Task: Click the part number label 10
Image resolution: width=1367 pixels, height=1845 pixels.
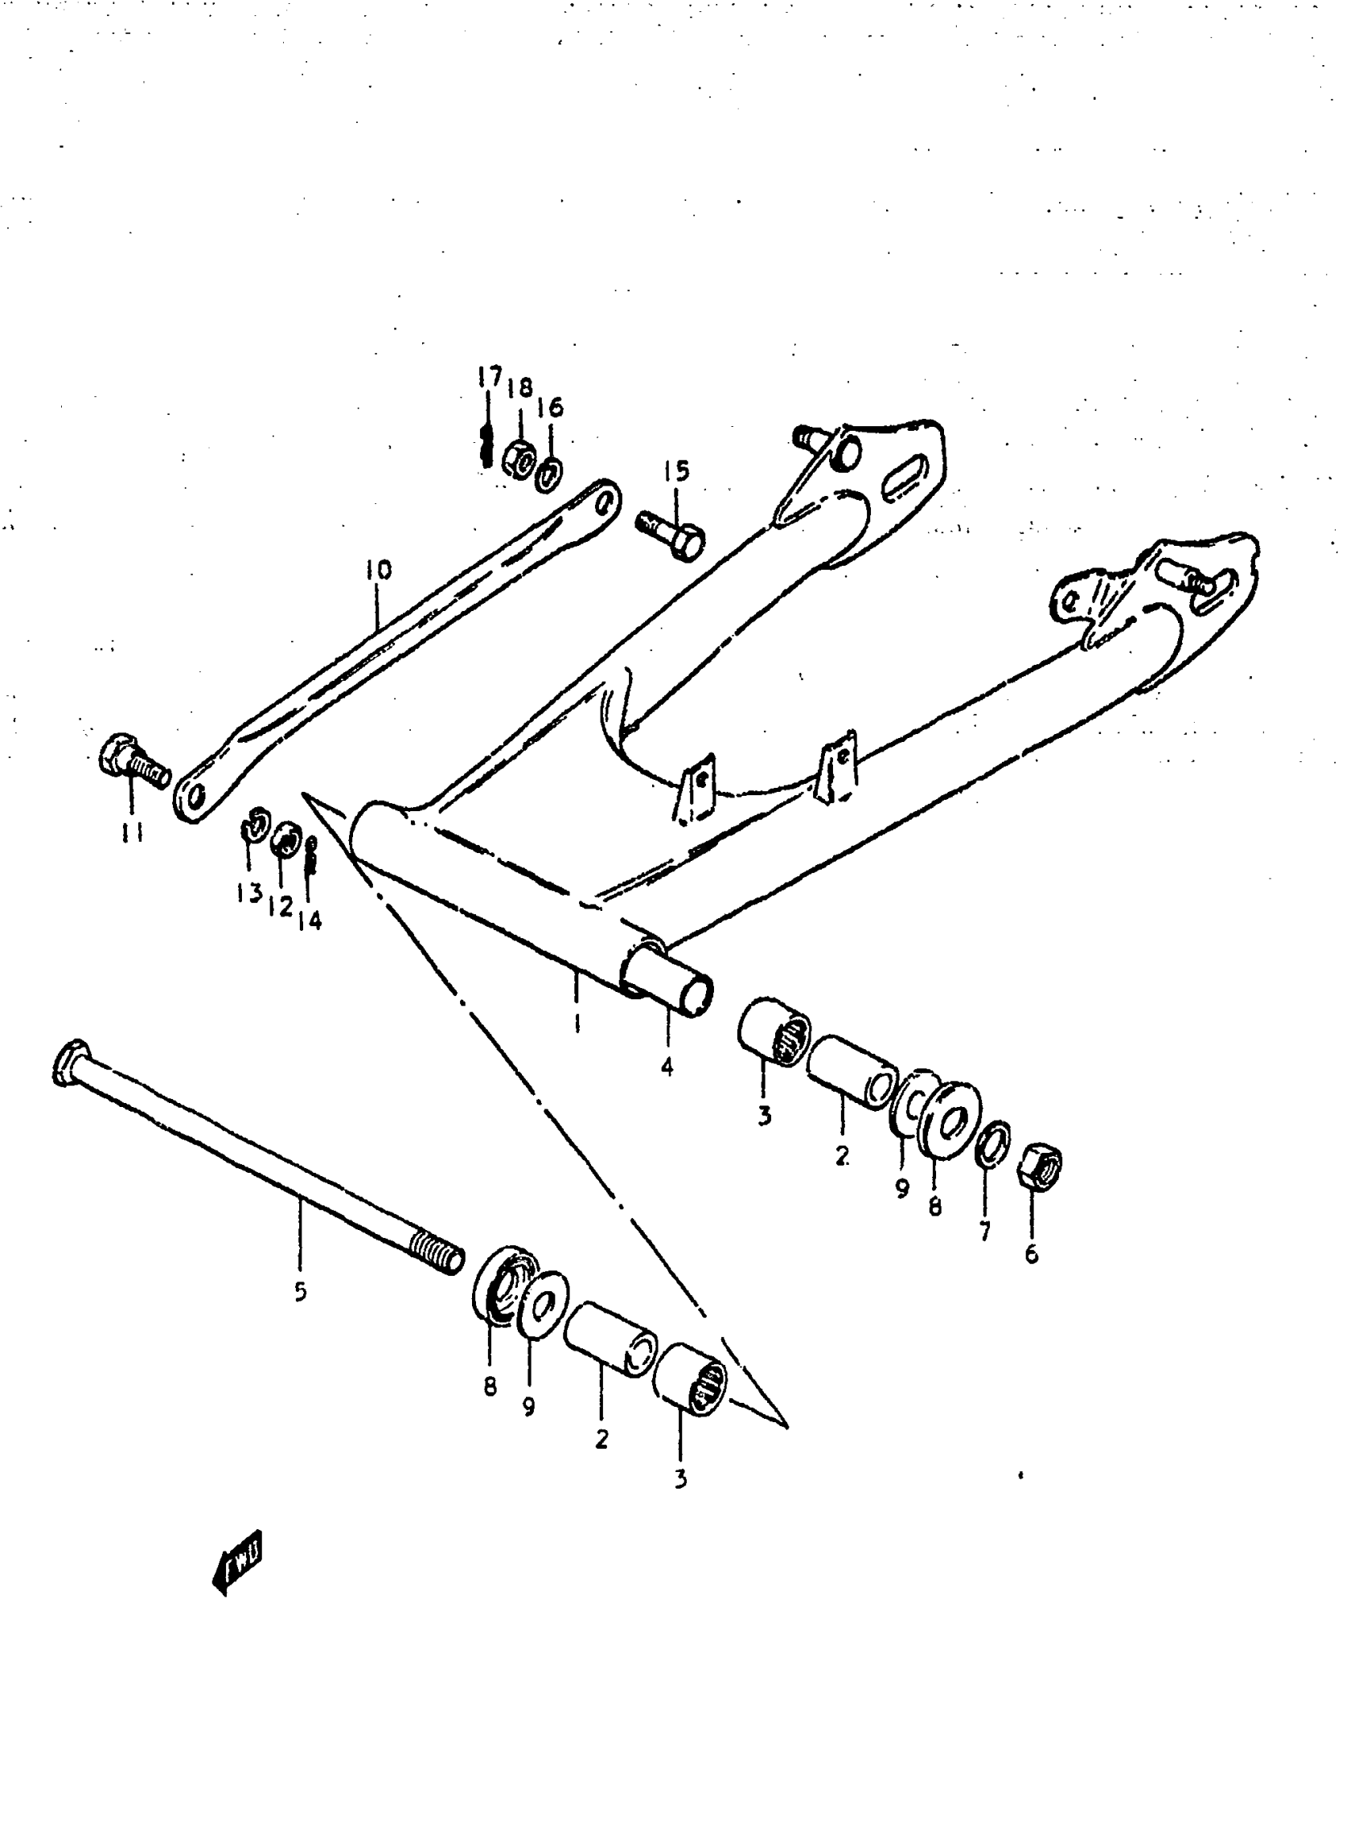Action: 378,570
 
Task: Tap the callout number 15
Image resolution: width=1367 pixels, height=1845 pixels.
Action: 676,472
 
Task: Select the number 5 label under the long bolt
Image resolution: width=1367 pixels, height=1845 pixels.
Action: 301,1291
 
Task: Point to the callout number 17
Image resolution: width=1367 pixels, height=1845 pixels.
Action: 489,377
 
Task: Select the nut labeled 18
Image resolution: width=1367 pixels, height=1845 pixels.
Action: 518,457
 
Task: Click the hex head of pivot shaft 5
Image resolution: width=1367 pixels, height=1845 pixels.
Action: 68,1061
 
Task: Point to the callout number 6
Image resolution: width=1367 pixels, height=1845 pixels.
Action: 1031,1254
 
